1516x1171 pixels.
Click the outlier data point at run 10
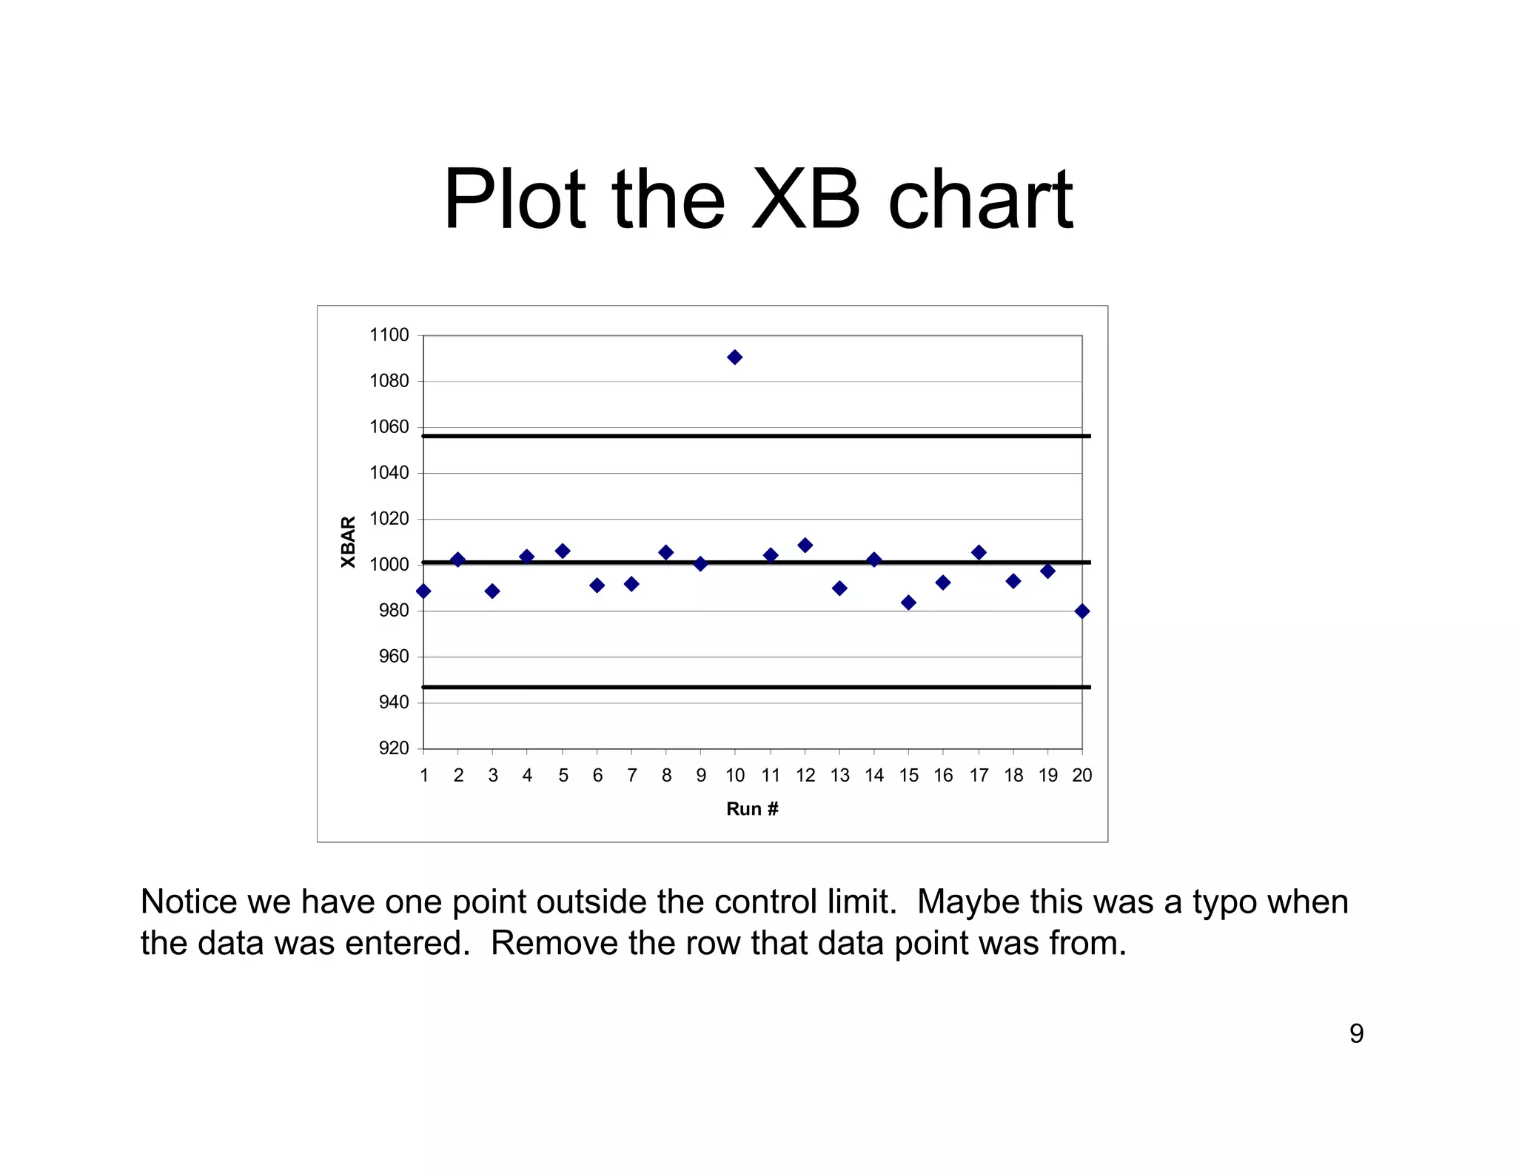734,358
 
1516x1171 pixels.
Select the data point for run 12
805,546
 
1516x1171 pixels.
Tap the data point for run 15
909,603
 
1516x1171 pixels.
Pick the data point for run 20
1082,611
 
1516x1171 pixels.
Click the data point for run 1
423,591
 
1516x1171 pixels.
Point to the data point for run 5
563,551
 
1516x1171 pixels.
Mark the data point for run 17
979,553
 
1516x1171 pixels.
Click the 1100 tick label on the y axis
389,335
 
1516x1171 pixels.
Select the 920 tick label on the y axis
393,748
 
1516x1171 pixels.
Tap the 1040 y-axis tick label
389,473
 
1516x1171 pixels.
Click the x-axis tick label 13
839,776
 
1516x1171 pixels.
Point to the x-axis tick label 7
631,776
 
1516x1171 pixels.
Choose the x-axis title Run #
752,809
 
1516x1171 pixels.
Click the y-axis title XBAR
348,543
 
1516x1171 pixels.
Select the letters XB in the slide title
805,200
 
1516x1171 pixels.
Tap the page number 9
1356,1033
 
